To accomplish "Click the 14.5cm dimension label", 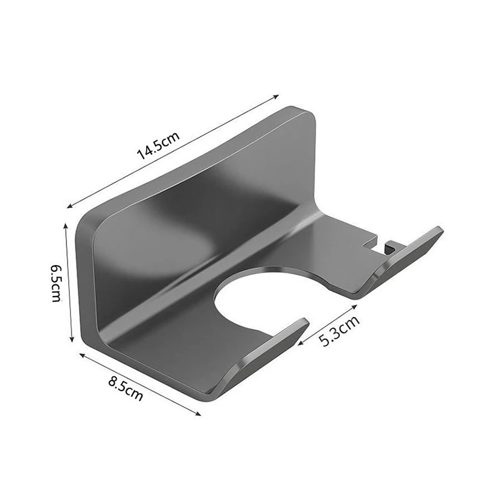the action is click(x=158, y=146).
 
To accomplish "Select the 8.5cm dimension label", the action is click(x=126, y=388).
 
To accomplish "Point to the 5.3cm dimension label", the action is click(x=339, y=331).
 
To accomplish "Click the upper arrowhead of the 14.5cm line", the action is click(x=277, y=97).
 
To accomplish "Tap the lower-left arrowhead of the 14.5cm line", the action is click(x=69, y=206).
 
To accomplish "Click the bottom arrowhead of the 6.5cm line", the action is click(x=72, y=339).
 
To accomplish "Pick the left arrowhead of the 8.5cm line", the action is click(x=82, y=356).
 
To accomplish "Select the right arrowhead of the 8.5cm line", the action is click(x=199, y=414).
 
